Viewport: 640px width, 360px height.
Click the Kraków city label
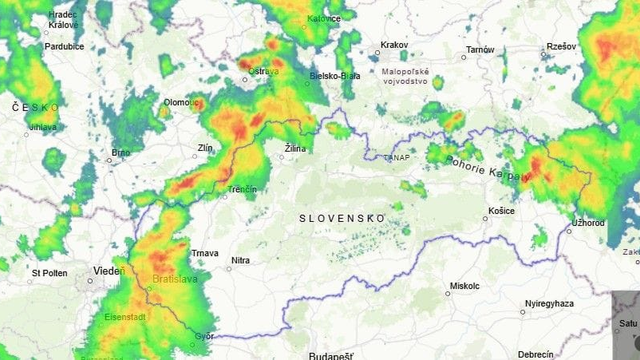(x=394, y=46)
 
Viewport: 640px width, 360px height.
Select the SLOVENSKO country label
(x=342, y=217)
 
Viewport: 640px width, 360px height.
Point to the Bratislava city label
(x=176, y=279)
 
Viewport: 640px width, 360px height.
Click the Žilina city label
(x=295, y=148)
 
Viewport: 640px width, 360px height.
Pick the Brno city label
(x=121, y=153)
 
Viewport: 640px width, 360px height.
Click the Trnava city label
(x=204, y=253)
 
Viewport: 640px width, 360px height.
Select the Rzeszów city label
(x=561, y=47)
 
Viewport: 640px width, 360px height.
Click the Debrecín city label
(x=536, y=354)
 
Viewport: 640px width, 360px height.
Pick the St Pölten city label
(x=49, y=272)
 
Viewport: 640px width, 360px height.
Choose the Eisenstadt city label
(x=125, y=317)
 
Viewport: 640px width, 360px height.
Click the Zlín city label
(x=206, y=148)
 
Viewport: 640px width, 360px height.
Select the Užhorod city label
(x=588, y=222)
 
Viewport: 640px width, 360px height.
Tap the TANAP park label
(x=397, y=157)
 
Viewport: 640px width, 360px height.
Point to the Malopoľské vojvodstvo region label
(x=405, y=76)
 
